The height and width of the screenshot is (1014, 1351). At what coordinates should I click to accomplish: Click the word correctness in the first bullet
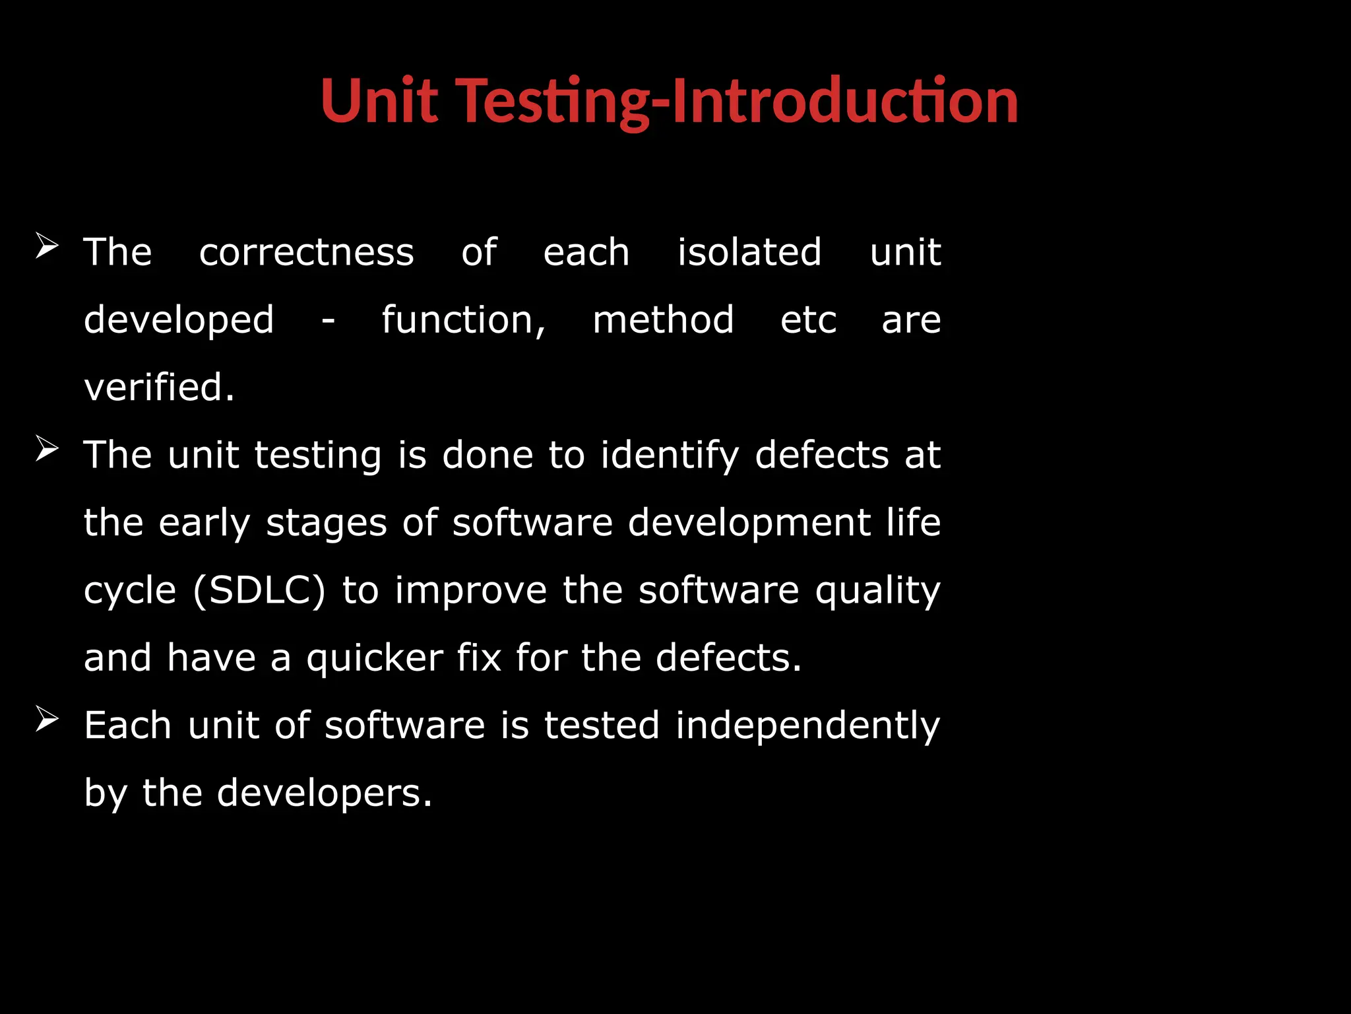pos(307,252)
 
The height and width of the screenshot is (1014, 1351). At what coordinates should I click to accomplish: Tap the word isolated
pos(749,252)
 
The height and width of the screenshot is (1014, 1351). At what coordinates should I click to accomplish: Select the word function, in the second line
pos(464,320)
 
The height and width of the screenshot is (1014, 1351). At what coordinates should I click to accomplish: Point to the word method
pos(663,320)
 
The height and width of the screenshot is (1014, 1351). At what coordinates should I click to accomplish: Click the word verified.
pos(159,388)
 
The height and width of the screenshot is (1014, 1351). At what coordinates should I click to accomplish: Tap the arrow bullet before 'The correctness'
pos(47,246)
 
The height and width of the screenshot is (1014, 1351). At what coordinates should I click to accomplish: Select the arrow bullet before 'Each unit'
pos(47,719)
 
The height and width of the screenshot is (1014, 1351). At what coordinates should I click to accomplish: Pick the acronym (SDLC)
pos(259,590)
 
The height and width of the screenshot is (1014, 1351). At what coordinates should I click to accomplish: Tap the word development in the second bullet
pos(749,523)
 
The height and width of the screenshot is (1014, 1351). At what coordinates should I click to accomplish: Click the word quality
pos(877,591)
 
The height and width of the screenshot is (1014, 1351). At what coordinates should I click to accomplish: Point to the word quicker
pos(375,659)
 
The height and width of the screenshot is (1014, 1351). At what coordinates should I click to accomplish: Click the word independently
pos(807,727)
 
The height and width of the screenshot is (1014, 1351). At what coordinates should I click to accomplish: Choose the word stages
pos(326,524)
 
